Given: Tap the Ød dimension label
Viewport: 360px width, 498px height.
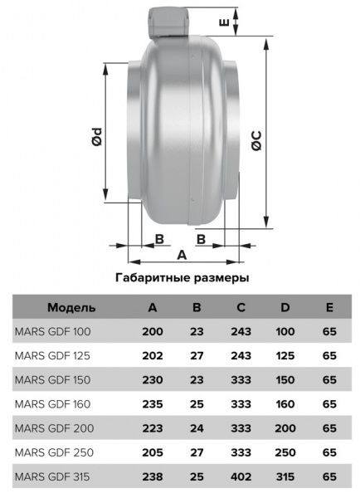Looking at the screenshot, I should point(97,137).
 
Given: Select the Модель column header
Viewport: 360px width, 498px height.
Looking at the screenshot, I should point(71,307).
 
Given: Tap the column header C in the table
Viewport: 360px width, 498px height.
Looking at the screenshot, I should point(241,307).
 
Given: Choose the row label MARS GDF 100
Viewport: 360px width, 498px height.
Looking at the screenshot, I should point(52,331).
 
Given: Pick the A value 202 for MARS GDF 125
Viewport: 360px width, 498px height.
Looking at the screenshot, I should point(153,355).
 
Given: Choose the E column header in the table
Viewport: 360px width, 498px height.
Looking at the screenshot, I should point(329,307).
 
